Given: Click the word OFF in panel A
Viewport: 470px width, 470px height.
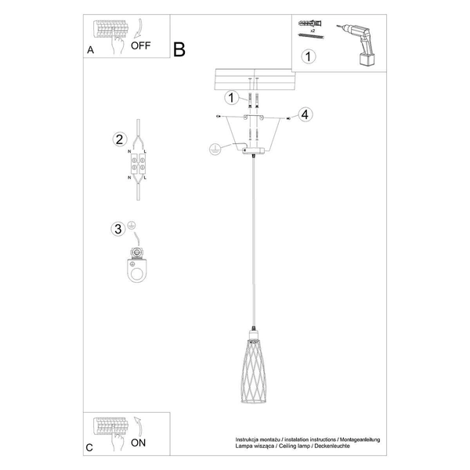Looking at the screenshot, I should coord(141,45).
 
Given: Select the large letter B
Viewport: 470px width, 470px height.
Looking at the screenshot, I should coord(179,49).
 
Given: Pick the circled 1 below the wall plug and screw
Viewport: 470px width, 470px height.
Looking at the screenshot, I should coord(309,56).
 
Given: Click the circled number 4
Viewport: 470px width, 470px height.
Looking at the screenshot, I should coord(306,114).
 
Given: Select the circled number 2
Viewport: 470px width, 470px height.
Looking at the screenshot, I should coord(119,140).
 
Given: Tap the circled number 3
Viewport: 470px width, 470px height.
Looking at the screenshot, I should coord(118,230).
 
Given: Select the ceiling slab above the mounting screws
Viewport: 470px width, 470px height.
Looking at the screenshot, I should coord(254,79).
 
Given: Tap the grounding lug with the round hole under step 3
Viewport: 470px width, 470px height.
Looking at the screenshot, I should coord(138,269).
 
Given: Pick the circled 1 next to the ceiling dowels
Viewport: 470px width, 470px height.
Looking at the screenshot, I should coord(231,98).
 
